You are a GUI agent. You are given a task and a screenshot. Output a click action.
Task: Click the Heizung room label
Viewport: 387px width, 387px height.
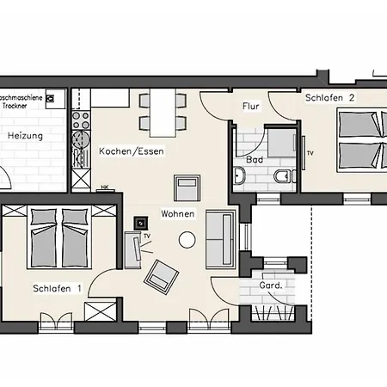26,136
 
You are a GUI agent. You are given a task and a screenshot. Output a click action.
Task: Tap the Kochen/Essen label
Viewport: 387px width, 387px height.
131,151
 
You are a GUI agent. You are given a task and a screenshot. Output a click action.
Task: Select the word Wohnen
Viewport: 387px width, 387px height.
177,213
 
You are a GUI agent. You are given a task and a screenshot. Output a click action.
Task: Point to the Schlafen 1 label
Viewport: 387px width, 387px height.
57,288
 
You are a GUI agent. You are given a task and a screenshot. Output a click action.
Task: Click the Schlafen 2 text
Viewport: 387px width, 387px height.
330,99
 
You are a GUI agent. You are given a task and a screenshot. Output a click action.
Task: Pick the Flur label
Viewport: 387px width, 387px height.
251,107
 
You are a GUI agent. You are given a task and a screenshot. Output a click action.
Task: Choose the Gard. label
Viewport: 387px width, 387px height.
271,285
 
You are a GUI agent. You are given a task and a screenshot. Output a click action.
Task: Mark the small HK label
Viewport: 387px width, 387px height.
104,187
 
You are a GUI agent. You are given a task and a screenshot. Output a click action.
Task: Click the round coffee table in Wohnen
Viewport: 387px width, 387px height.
186,241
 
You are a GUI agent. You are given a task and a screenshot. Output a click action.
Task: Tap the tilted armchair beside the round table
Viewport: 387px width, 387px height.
159,274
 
